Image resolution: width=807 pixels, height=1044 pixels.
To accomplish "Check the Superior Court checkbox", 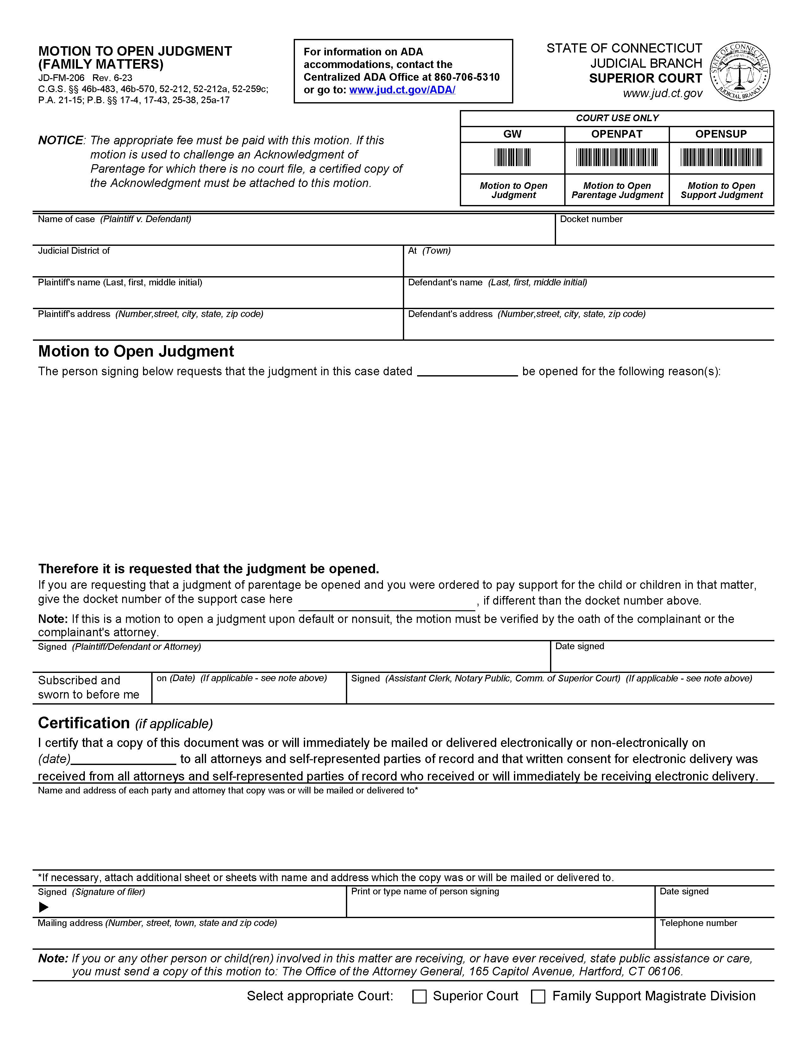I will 419,996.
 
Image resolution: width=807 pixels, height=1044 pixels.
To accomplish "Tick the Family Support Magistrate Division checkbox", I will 538,996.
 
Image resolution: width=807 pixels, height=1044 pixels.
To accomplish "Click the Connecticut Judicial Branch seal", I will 740,71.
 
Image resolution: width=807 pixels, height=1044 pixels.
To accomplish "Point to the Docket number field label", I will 591,219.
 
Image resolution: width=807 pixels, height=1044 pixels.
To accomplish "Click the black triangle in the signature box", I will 43,907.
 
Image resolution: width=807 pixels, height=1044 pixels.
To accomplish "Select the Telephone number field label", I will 698,923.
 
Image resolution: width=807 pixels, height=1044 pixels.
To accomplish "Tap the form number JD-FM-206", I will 61,78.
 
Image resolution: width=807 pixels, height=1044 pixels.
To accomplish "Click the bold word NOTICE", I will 60,140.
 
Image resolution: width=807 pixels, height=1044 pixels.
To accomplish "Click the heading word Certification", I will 84,723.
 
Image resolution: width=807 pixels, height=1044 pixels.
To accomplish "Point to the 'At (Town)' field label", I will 429,251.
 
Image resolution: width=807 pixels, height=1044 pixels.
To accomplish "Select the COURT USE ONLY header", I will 617,118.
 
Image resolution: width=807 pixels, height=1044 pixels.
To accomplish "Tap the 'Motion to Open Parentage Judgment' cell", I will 617,190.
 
